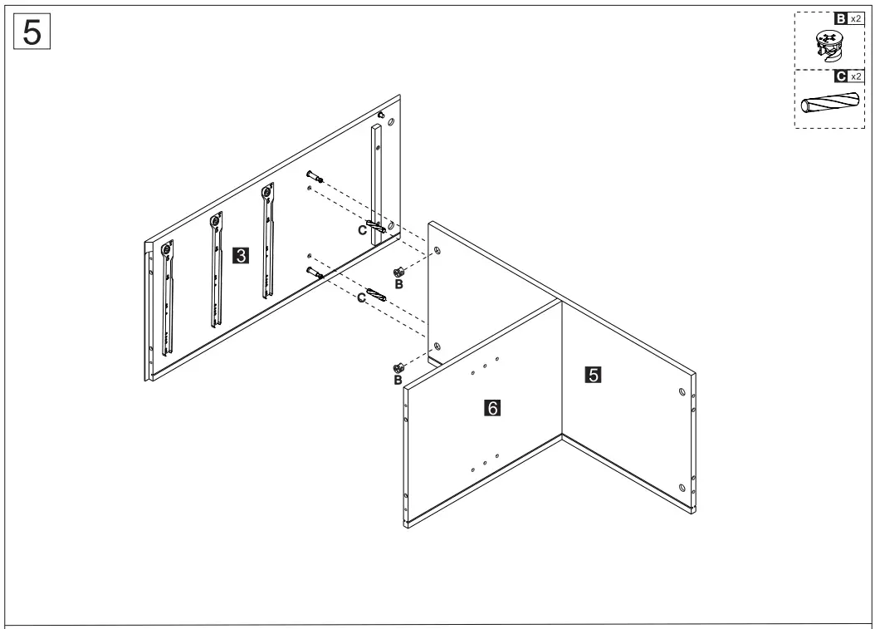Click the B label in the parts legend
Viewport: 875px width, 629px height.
pyautogui.click(x=841, y=19)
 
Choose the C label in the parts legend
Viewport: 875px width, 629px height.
pyautogui.click(x=841, y=76)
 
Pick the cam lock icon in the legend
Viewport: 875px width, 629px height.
pyautogui.click(x=827, y=46)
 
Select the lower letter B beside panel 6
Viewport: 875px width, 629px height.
pyautogui.click(x=398, y=381)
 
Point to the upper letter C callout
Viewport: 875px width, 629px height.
pyautogui.click(x=362, y=230)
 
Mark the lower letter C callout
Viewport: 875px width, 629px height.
pyautogui.click(x=362, y=297)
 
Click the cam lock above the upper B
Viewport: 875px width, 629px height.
pyautogui.click(x=398, y=271)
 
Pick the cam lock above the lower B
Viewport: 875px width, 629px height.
pyautogui.click(x=398, y=367)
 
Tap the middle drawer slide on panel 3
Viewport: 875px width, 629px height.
pyautogui.click(x=217, y=271)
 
